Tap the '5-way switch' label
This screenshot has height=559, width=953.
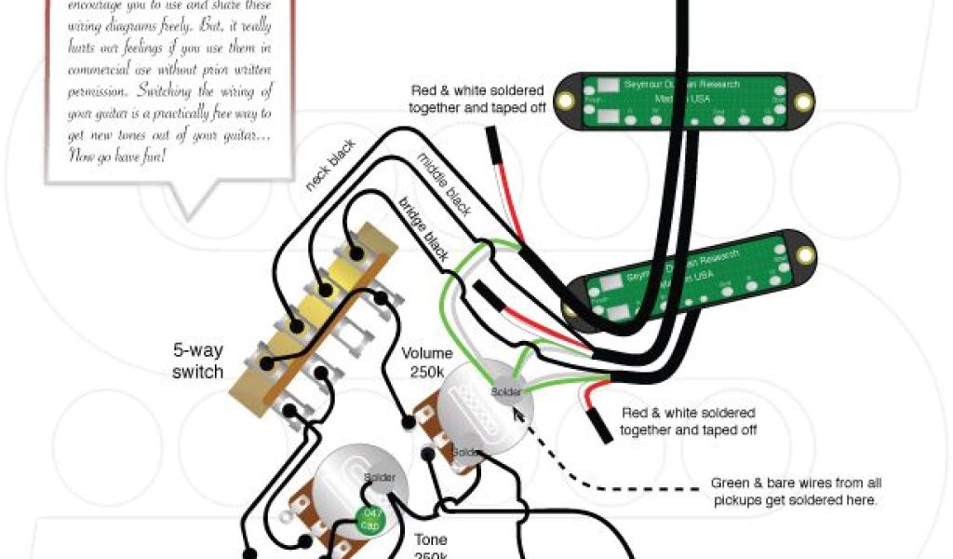pos(197,361)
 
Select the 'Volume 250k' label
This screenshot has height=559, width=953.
pos(427,361)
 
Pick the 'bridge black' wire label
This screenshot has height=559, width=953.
pos(423,229)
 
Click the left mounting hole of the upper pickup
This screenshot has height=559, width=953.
pos(564,100)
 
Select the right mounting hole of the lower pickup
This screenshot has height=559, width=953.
pos(801,253)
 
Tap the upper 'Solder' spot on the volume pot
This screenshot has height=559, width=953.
pos(506,392)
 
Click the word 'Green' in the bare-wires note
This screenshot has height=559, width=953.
pos(731,483)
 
